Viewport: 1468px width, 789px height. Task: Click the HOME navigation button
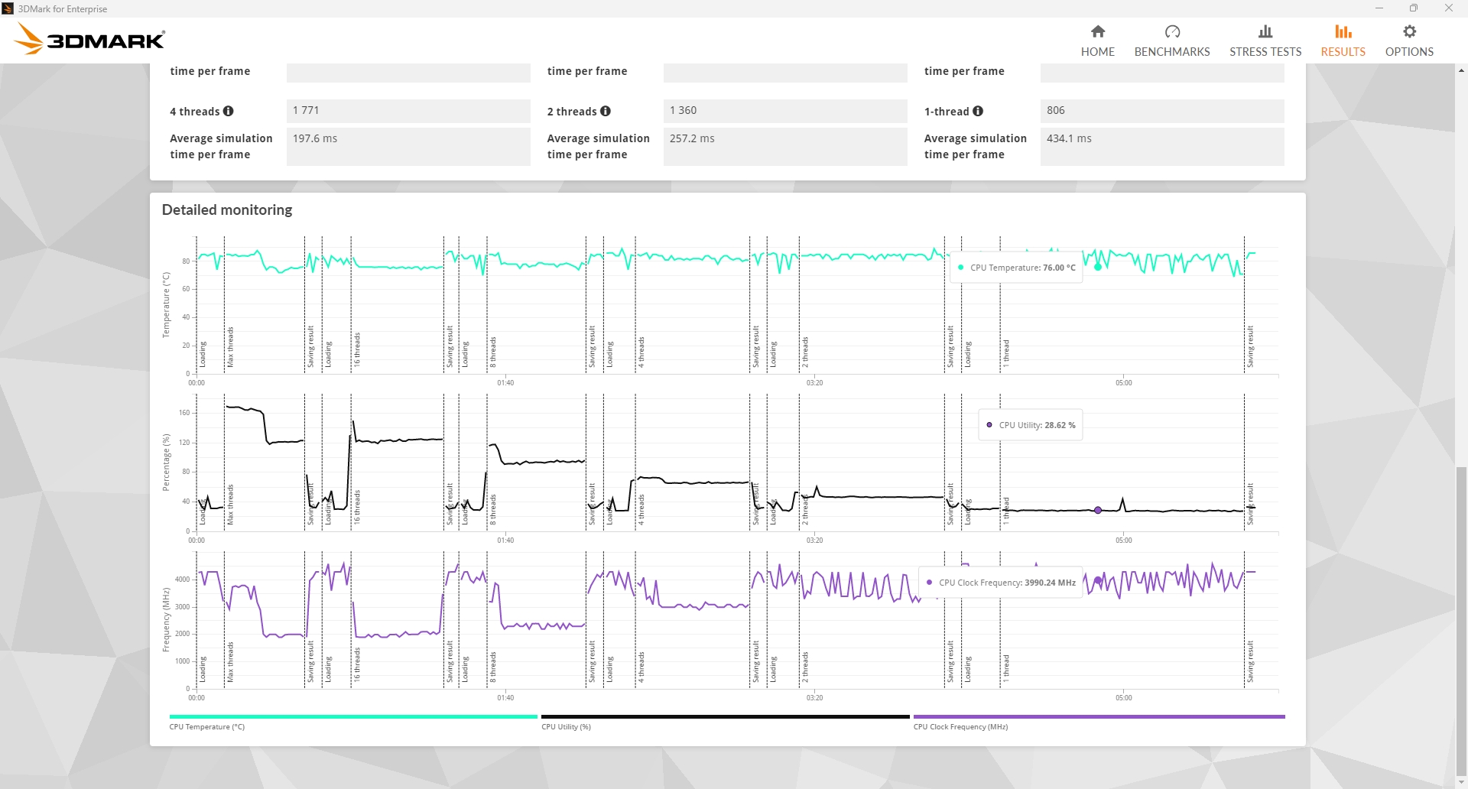pyautogui.click(x=1097, y=41)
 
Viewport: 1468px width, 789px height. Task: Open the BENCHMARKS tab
pyautogui.click(x=1171, y=41)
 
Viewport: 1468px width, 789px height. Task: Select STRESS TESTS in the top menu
pyautogui.click(x=1265, y=41)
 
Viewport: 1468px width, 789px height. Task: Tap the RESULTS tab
pyautogui.click(x=1343, y=41)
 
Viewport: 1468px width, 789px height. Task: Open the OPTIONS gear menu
pyautogui.click(x=1409, y=41)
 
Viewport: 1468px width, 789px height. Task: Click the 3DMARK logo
pyautogui.click(x=90, y=39)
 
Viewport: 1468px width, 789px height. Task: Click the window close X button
pyautogui.click(x=1448, y=8)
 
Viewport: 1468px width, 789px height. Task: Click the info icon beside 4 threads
pyautogui.click(x=229, y=111)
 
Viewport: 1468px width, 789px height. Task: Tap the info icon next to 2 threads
pyautogui.click(x=606, y=111)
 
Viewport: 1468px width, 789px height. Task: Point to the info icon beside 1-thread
pyautogui.click(x=978, y=111)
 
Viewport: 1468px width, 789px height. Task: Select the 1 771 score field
pyautogui.click(x=408, y=111)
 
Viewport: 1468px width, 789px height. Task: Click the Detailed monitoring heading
pyautogui.click(x=227, y=209)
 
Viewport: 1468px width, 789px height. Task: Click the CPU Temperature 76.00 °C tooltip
pyautogui.click(x=1017, y=268)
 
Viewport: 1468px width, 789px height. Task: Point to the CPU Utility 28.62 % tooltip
pyautogui.click(x=1031, y=425)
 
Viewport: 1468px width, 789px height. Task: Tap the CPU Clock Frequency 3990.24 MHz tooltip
pyautogui.click(x=1001, y=583)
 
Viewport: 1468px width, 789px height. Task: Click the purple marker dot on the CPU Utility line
pyautogui.click(x=1098, y=510)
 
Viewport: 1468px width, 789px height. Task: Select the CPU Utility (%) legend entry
pyautogui.click(x=566, y=726)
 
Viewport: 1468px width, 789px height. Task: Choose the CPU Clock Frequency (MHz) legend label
pyautogui.click(x=960, y=726)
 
